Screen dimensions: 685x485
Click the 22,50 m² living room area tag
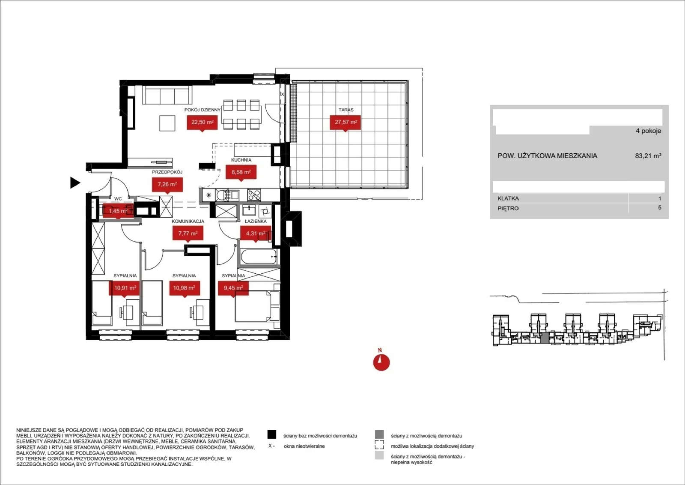point(202,123)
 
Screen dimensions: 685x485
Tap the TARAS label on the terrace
point(346,110)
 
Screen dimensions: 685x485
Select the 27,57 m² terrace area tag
point(345,123)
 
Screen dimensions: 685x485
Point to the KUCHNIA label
point(241,160)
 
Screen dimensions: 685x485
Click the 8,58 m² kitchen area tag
point(241,172)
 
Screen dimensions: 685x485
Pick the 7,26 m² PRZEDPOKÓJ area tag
point(167,185)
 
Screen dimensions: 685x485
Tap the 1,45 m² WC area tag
point(118,211)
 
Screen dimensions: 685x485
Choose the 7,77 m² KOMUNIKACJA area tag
point(188,234)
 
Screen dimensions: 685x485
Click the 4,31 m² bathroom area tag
point(256,234)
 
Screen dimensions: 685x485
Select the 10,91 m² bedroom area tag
point(125,288)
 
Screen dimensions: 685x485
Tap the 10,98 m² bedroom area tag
point(184,288)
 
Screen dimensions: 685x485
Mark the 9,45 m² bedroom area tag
point(233,288)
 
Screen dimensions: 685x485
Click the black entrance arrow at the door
point(75,183)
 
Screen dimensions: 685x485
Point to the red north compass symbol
point(381,362)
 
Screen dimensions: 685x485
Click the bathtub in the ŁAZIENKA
point(259,256)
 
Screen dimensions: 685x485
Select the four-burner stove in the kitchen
point(254,195)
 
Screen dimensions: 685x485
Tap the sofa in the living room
point(167,95)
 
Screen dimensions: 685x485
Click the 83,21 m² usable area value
point(648,156)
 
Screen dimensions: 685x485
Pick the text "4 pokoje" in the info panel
point(648,131)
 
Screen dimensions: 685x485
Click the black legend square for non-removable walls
point(272,434)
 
